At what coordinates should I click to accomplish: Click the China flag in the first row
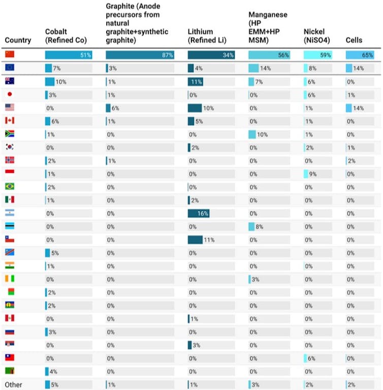click(x=10, y=54)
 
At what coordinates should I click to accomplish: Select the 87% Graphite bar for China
click(x=140, y=55)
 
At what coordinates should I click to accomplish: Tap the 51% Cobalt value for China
click(x=86, y=55)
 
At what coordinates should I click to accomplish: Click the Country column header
click(x=18, y=40)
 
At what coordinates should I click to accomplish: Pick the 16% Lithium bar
click(x=198, y=214)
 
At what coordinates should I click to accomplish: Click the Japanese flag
click(x=10, y=94)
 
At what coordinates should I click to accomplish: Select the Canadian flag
click(x=10, y=121)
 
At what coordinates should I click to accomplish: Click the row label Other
click(x=13, y=385)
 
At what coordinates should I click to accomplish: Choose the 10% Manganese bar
click(x=252, y=134)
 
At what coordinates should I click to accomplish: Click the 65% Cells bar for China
click(x=361, y=55)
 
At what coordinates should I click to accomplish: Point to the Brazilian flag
click(x=10, y=187)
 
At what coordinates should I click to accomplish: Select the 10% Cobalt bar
click(x=50, y=81)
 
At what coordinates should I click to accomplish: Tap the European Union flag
click(x=10, y=68)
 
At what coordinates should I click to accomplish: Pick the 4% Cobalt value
click(x=53, y=372)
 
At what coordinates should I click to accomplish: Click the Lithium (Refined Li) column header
click(x=207, y=36)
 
